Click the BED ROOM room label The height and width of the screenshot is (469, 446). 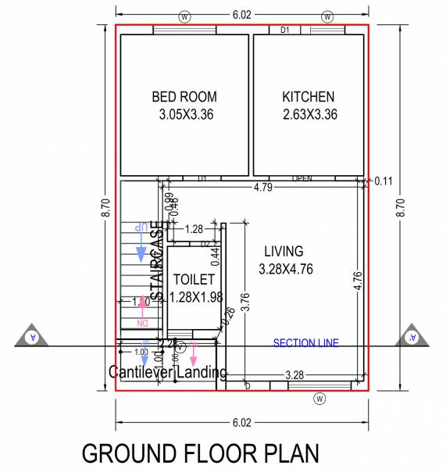(184, 97)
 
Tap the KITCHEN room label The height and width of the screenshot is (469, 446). (309, 97)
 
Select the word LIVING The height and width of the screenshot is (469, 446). (284, 252)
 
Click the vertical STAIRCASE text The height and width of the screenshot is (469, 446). (158, 262)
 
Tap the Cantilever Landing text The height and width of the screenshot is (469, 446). (168, 372)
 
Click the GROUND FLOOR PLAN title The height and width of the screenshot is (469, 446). (201, 454)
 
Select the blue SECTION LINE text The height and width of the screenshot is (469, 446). (305, 343)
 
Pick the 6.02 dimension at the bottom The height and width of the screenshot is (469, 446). (241, 423)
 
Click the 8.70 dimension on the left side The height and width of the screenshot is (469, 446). (105, 207)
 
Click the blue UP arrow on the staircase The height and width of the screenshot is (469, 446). (141, 252)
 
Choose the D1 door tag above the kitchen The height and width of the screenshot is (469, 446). (285, 30)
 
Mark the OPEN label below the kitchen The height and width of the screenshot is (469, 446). (302, 179)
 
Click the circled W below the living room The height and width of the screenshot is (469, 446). (319, 399)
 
